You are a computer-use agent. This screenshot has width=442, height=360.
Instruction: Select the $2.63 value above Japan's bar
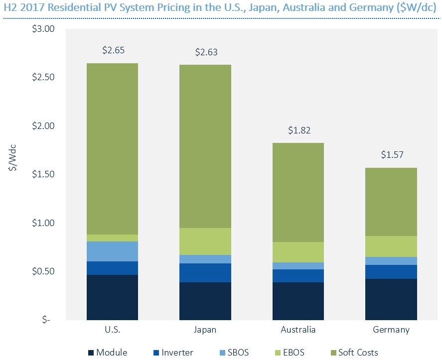[x=205, y=52]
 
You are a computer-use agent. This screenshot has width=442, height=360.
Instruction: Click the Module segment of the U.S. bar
[x=112, y=297]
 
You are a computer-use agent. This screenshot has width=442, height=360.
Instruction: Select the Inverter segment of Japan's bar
[x=205, y=273]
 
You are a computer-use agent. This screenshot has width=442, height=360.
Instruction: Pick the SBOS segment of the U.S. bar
[x=112, y=251]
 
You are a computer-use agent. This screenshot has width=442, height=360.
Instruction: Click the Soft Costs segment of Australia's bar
[x=298, y=193]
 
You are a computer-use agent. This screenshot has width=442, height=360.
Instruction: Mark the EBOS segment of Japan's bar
[x=205, y=241]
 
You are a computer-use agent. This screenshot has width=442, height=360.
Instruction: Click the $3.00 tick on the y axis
[x=44, y=29]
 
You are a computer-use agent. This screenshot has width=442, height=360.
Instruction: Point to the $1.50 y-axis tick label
[x=44, y=174]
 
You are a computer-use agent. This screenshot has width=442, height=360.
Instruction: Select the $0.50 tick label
[x=44, y=271]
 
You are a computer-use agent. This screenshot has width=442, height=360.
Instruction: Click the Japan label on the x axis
[x=205, y=330]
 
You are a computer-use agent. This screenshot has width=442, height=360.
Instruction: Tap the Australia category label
[x=298, y=330]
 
